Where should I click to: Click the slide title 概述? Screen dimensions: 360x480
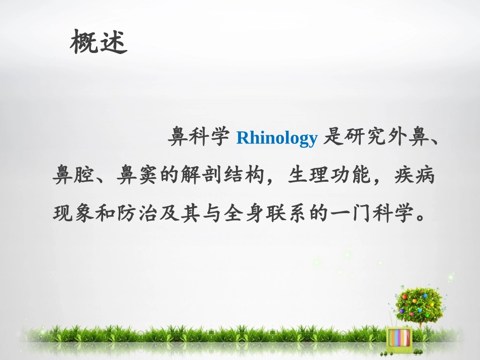pos(99,42)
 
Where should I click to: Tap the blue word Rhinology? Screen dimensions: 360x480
pos(276,138)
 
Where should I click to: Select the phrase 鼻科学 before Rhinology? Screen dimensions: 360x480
pos(199,138)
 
